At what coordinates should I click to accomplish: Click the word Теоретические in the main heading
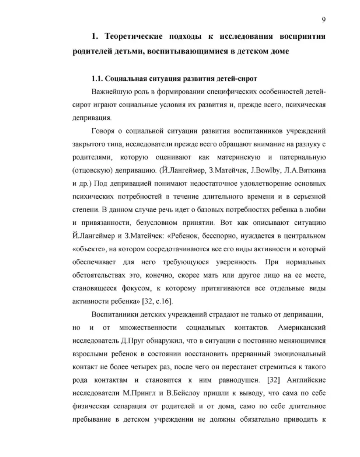[x=133, y=37]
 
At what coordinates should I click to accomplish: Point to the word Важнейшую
[x=110, y=92]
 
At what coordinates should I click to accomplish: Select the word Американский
[x=301, y=328]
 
